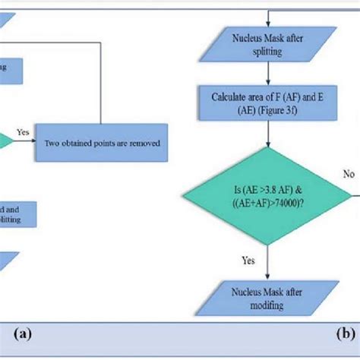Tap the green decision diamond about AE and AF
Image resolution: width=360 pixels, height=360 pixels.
click(265, 196)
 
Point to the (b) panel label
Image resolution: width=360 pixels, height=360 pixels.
click(345, 332)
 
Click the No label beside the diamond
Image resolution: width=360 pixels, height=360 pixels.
click(348, 174)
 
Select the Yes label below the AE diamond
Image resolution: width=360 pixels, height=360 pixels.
click(248, 260)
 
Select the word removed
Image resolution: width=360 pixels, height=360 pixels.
click(144, 144)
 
